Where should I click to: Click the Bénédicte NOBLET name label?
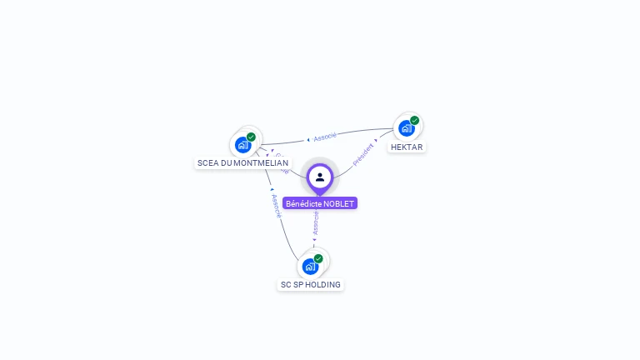pyautogui.click(x=320, y=203)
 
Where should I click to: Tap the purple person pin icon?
pyautogui.click(x=320, y=177)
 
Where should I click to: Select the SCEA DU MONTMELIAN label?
pyautogui.click(x=242, y=162)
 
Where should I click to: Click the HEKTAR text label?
pyautogui.click(x=407, y=147)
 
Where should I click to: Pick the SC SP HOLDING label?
pyautogui.click(x=310, y=284)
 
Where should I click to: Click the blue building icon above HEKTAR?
pyautogui.click(x=406, y=128)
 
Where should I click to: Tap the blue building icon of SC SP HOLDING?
pyautogui.click(x=310, y=266)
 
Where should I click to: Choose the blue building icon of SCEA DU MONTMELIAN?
pyautogui.click(x=242, y=144)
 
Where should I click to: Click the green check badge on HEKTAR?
pyautogui.click(x=414, y=120)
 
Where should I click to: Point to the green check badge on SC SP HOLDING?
pyautogui.click(x=318, y=258)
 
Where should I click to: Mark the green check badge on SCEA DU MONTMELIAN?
pyautogui.click(x=251, y=137)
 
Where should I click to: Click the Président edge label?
pyautogui.click(x=362, y=155)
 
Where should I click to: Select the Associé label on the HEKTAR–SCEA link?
pyautogui.click(x=325, y=137)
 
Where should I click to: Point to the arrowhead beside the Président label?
pyautogui.click(x=377, y=140)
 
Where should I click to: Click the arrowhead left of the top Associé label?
pyautogui.click(x=308, y=139)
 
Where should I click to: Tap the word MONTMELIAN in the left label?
pyautogui.click(x=261, y=162)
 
